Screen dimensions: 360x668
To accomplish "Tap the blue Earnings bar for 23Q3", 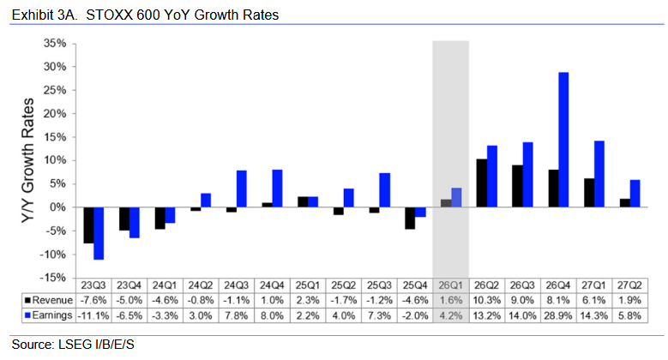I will [x=99, y=233].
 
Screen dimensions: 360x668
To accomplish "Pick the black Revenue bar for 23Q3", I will [x=88, y=225].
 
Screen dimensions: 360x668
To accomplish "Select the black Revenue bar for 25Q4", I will [x=410, y=218].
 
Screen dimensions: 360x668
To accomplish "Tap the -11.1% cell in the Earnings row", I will [x=94, y=316].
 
